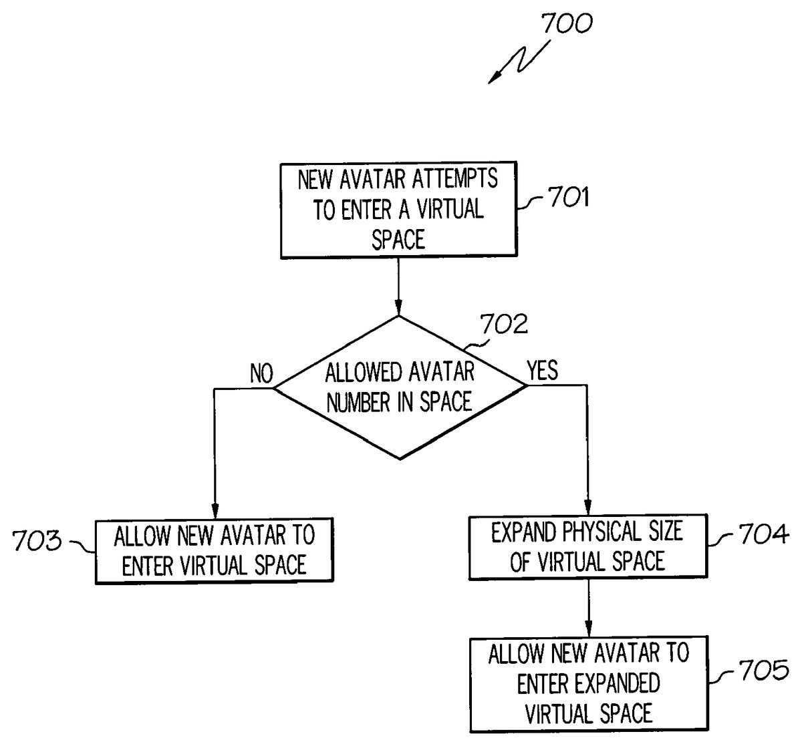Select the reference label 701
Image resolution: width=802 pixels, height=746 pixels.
point(568,198)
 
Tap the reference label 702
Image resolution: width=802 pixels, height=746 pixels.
point(503,325)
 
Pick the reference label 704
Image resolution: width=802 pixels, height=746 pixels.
point(763,534)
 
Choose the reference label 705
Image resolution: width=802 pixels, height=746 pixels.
point(763,670)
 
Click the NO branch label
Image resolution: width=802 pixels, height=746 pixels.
point(261,374)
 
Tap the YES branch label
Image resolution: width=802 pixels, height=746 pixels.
point(542,370)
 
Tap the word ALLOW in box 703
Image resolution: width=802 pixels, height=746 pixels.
point(138,536)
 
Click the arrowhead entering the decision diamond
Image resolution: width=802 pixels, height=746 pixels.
point(399,310)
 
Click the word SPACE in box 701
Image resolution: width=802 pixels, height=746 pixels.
point(398,239)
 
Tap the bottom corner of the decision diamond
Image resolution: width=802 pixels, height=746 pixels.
point(399,459)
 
